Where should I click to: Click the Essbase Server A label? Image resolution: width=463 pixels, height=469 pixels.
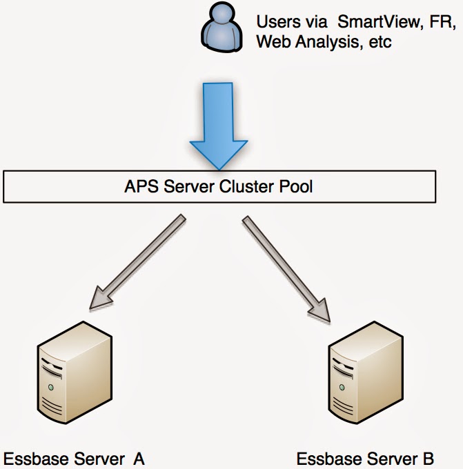point(74,458)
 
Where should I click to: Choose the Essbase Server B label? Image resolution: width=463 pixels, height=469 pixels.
point(365,458)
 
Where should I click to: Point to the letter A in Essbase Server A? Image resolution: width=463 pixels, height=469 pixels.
point(139,458)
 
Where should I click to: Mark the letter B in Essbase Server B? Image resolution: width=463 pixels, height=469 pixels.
point(428,458)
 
